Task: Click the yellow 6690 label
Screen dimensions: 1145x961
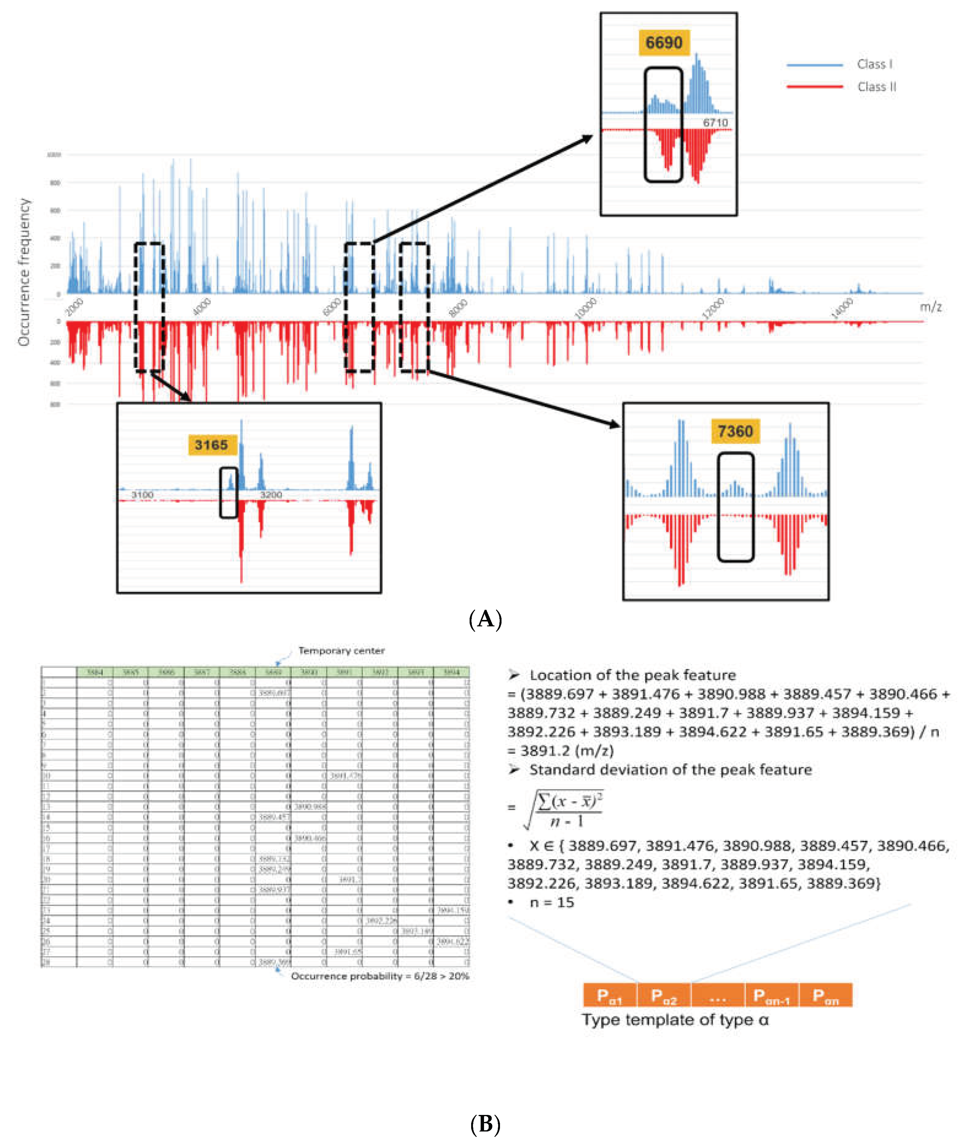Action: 664,43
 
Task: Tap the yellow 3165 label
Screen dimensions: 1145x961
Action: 211,445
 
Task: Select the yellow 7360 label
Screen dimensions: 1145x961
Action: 735,431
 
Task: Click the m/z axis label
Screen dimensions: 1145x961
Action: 930,307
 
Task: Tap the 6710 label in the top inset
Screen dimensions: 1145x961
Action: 715,123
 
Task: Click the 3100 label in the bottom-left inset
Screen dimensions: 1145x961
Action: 142,494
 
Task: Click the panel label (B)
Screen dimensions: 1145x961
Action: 485,1124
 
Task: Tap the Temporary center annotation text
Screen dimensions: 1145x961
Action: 341,651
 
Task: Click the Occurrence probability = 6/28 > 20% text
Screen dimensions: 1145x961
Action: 380,976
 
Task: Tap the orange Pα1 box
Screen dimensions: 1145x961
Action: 610,995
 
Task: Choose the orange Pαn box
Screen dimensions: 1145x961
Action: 825,995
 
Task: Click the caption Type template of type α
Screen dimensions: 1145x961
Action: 675,1019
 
